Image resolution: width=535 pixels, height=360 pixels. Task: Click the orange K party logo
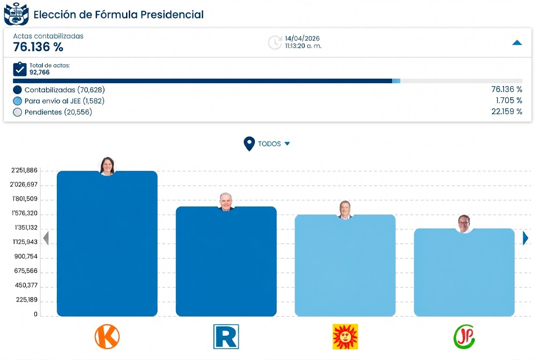pos(107,336)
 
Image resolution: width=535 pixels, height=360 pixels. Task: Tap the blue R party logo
pos(226,336)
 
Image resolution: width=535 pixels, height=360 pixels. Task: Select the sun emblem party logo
pos(345,336)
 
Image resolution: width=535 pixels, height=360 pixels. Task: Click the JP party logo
pos(464,336)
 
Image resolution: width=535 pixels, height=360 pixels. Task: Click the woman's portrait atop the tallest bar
pos(107,166)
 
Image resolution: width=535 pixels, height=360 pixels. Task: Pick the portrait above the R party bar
pos(226,202)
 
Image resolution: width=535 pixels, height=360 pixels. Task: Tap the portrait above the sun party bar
pos(345,210)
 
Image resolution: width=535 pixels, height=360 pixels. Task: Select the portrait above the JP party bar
pos(464,223)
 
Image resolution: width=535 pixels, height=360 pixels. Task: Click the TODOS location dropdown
pos(268,144)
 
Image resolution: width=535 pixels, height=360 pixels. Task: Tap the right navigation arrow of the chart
pos(525,238)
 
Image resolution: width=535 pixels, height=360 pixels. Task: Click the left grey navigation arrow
pos(46,238)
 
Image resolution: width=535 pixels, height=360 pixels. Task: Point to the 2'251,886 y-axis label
pos(24,170)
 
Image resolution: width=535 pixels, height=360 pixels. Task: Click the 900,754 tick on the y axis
pos(26,256)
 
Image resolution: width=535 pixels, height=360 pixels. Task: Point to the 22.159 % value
pos(506,112)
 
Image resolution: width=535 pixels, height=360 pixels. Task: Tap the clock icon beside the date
pos(275,42)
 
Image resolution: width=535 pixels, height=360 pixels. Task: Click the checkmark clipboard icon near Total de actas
pos(20,69)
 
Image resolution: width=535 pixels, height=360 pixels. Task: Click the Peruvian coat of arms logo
pos(16,14)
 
